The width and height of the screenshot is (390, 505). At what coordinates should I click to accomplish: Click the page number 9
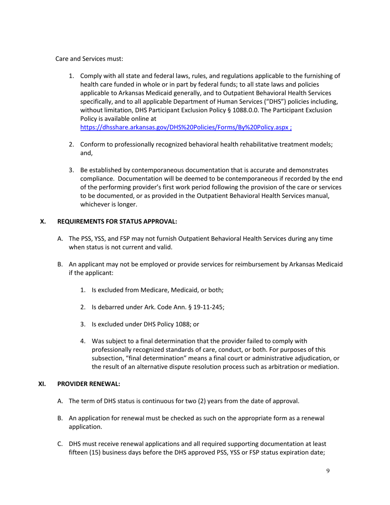[x=328, y=471]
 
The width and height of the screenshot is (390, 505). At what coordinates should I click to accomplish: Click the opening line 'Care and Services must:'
[x=89, y=59]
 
